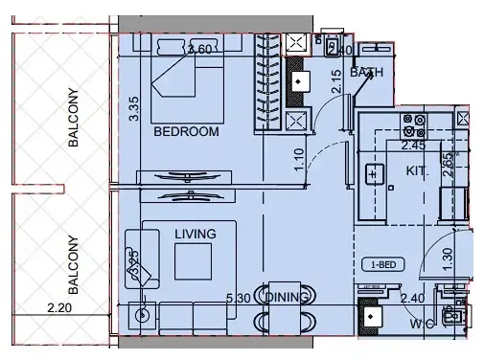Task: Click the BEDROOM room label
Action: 186,131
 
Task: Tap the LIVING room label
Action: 195,233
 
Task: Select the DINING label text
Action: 288,298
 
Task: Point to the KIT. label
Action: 417,169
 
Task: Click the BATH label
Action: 366,73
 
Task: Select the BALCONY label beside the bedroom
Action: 73,119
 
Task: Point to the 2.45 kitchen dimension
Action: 413,146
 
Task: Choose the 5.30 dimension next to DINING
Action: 251,298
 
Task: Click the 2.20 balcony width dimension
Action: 59,307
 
